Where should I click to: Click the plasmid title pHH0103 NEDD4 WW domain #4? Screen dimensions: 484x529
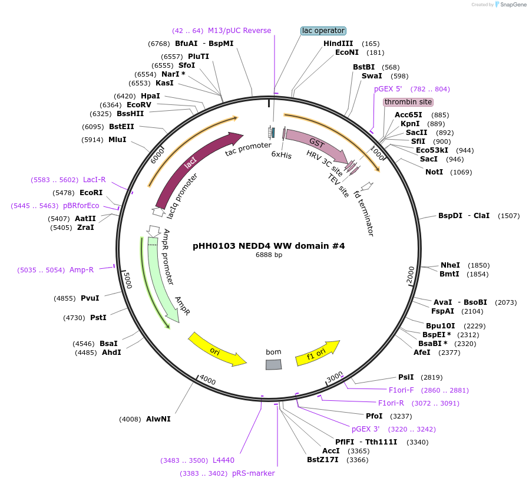click(x=269, y=246)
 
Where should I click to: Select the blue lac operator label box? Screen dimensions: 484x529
click(x=323, y=31)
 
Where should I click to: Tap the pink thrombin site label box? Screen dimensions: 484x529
click(x=408, y=102)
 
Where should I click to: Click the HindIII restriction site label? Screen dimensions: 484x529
click(x=338, y=44)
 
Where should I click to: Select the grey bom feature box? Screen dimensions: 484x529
click(x=273, y=364)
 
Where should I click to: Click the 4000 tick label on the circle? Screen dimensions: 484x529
click(x=207, y=379)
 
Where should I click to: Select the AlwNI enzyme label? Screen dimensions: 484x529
click(x=158, y=419)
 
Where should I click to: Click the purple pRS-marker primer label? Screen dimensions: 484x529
click(x=253, y=473)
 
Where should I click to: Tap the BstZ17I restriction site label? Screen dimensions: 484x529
click(x=323, y=460)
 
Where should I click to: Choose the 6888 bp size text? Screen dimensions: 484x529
click(x=269, y=255)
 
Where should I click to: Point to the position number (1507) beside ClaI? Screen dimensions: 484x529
click(x=508, y=216)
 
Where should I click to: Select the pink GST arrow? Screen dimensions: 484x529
click(x=316, y=144)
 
